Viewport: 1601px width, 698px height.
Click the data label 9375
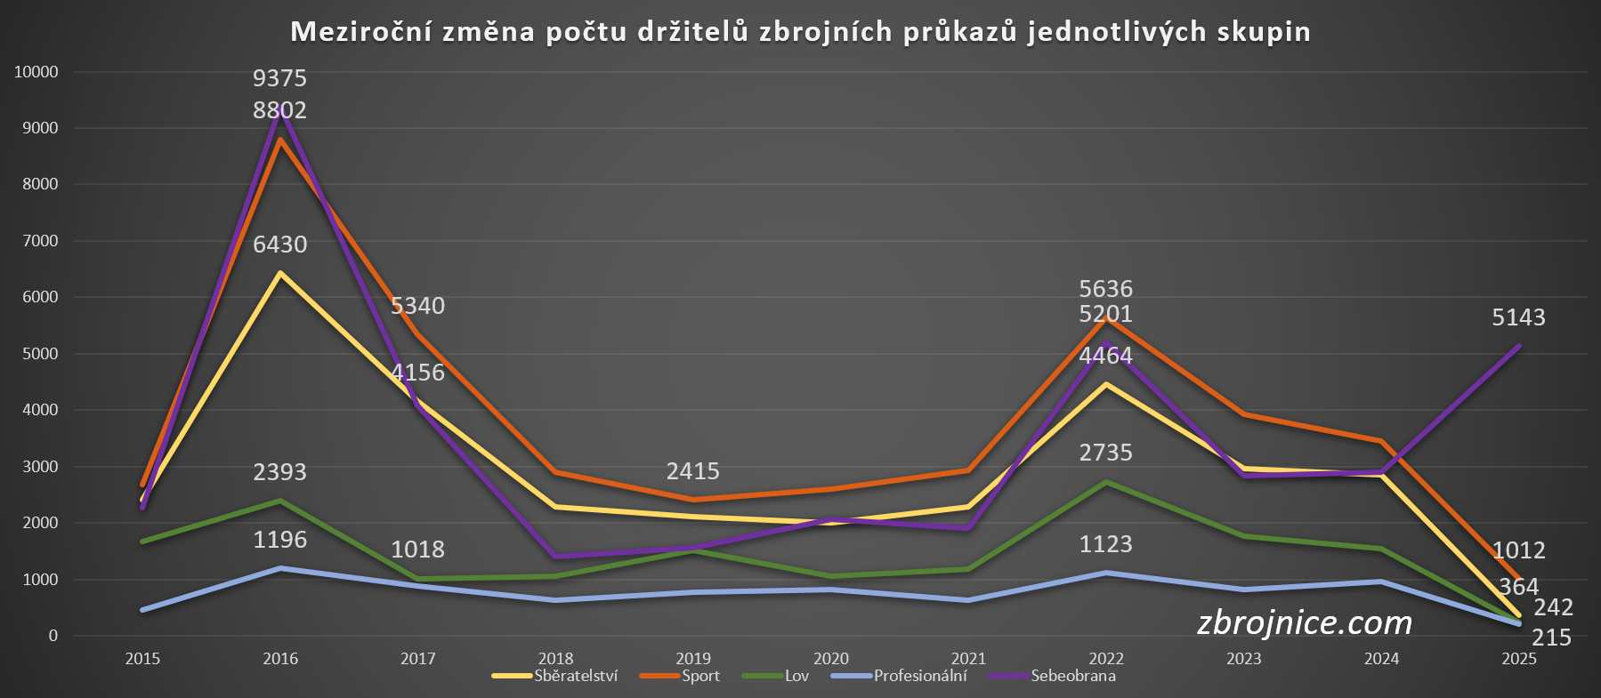279,78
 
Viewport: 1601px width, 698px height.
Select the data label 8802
279,110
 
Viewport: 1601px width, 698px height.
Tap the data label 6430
279,245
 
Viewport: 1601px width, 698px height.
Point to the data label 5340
417,306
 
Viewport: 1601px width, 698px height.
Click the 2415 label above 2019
692,471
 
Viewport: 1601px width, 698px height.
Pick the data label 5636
1105,289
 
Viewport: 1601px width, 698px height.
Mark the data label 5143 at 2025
1518,317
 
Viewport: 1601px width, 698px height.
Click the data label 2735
1105,453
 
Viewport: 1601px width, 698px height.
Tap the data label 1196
279,540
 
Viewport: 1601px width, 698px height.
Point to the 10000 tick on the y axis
36,72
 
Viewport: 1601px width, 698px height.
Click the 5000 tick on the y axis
40,354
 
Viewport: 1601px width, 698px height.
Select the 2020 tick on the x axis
830,659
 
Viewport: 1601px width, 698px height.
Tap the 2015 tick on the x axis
142,659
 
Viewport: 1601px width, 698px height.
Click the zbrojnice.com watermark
1304,622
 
